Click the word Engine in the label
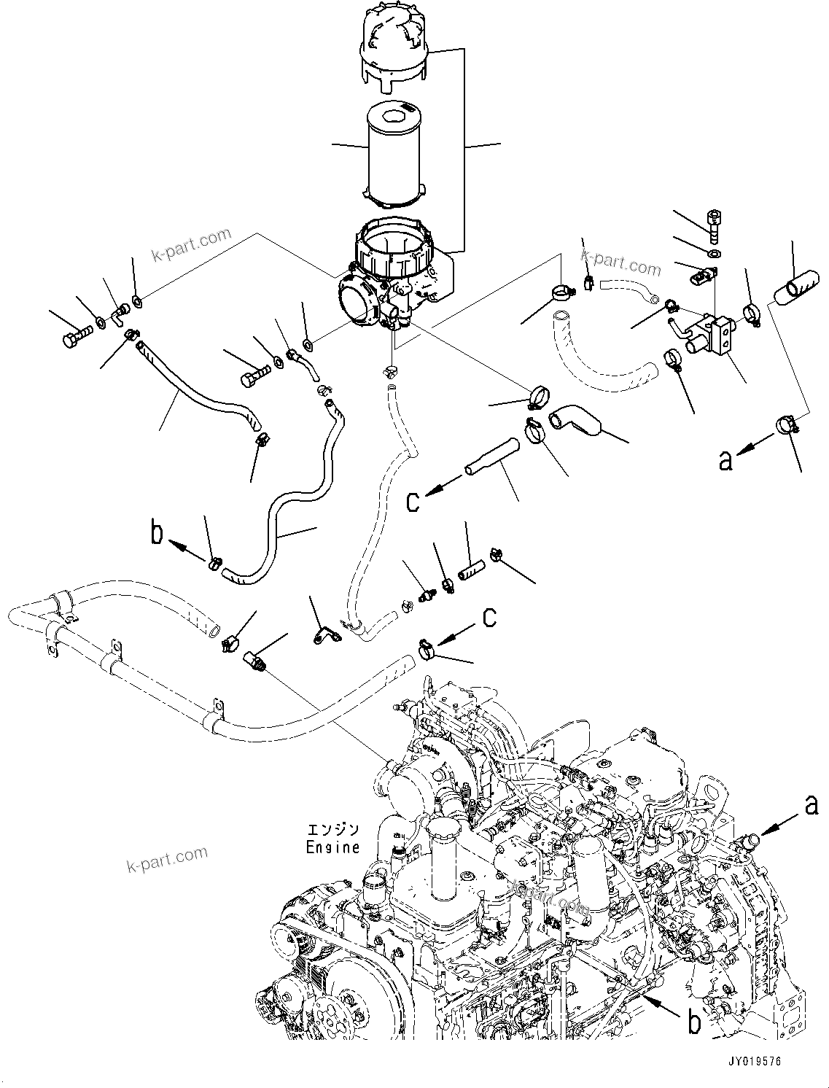(x=332, y=847)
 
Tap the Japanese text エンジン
(x=333, y=831)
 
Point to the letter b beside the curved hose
(x=157, y=533)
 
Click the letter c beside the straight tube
(x=413, y=502)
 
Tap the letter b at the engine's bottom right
(x=694, y=1022)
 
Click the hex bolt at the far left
(x=73, y=338)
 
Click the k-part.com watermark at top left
(x=190, y=245)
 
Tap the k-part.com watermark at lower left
(x=167, y=858)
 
